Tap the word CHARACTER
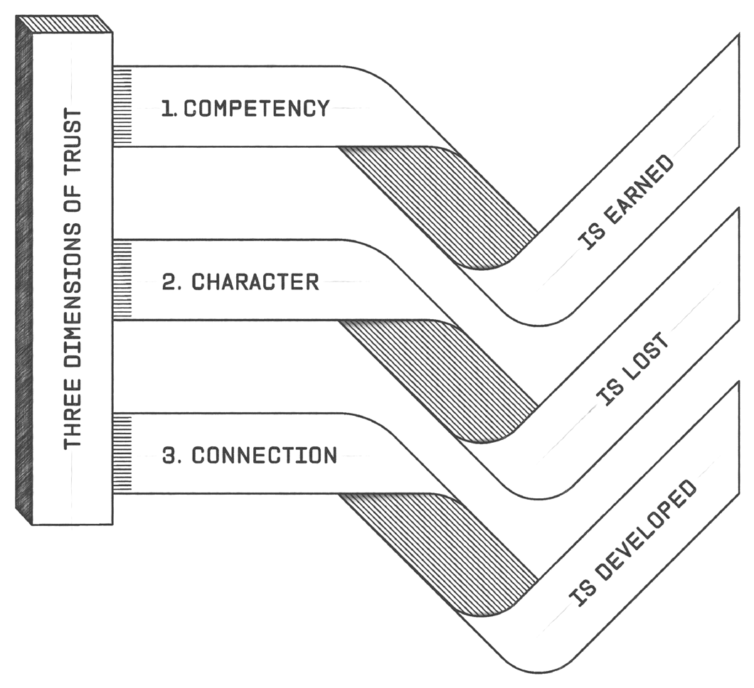point(255,281)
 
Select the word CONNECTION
point(264,455)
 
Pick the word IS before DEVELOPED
point(578,599)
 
